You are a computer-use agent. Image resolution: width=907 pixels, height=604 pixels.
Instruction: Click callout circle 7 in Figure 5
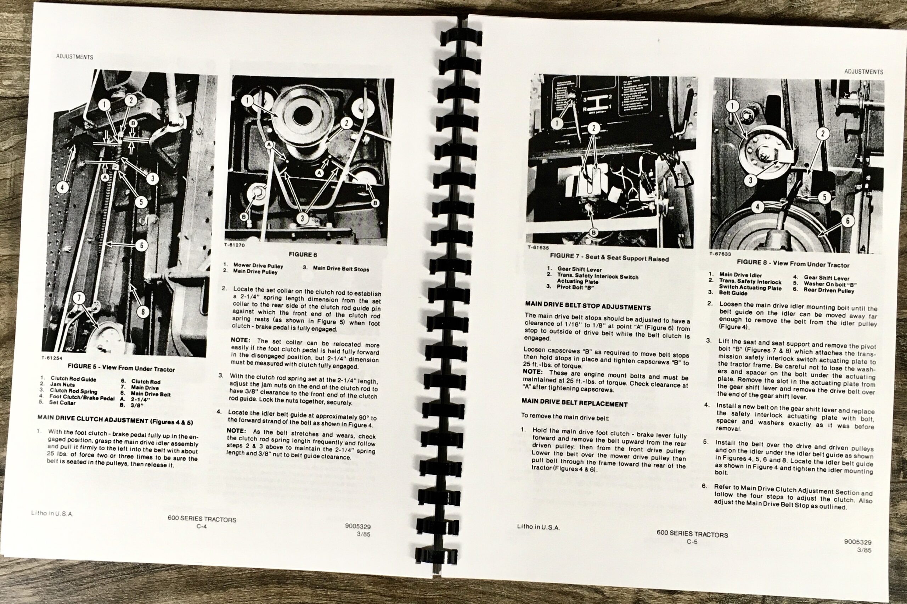click(x=79, y=298)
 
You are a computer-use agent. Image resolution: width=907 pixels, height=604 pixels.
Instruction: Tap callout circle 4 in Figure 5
click(x=62, y=188)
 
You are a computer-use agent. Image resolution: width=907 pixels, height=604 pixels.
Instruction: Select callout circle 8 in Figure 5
click(x=142, y=311)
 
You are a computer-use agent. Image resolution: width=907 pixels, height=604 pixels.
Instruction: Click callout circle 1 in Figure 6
click(x=248, y=101)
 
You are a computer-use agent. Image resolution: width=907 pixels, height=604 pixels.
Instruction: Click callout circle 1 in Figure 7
click(x=557, y=123)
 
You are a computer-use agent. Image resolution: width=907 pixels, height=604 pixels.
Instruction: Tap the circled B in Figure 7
click(x=593, y=232)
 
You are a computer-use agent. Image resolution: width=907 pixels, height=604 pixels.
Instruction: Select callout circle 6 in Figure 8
click(x=848, y=221)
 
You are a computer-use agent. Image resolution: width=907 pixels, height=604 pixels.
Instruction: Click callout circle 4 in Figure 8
click(x=757, y=207)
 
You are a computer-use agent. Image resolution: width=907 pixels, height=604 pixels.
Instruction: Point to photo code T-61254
click(x=52, y=358)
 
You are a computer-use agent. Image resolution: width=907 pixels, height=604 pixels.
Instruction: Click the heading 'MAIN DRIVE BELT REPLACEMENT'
click(x=574, y=403)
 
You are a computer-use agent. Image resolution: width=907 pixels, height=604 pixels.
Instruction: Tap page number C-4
click(x=202, y=526)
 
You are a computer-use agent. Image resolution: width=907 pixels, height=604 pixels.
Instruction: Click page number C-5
click(x=692, y=542)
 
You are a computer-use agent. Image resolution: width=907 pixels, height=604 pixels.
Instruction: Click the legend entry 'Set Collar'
click(x=62, y=402)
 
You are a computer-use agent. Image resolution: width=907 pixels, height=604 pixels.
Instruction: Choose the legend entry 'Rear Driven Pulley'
click(x=828, y=290)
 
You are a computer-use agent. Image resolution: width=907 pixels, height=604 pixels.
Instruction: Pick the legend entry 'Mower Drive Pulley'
click(x=258, y=266)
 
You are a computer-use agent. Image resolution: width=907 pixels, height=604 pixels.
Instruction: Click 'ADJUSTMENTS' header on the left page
click(x=75, y=57)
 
